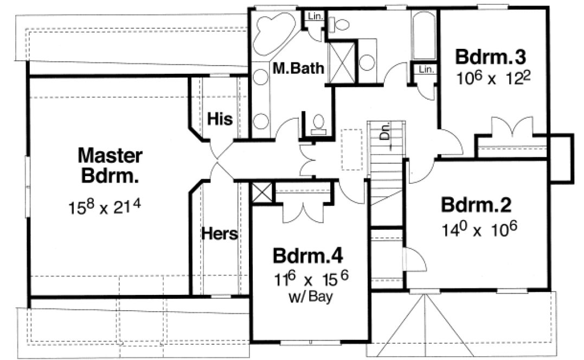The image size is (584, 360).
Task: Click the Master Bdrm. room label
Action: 110,166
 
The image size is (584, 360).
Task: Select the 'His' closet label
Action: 220,119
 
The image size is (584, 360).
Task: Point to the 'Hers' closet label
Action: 220,234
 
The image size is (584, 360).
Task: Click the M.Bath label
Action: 298,68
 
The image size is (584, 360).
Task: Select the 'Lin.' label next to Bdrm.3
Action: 426,69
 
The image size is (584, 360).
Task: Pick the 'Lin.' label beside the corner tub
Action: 315,16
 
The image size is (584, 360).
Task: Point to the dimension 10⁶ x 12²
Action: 492,79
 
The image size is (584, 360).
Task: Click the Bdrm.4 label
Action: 309,255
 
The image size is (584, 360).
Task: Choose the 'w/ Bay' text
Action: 311,297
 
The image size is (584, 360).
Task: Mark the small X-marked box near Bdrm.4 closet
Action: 261,192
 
